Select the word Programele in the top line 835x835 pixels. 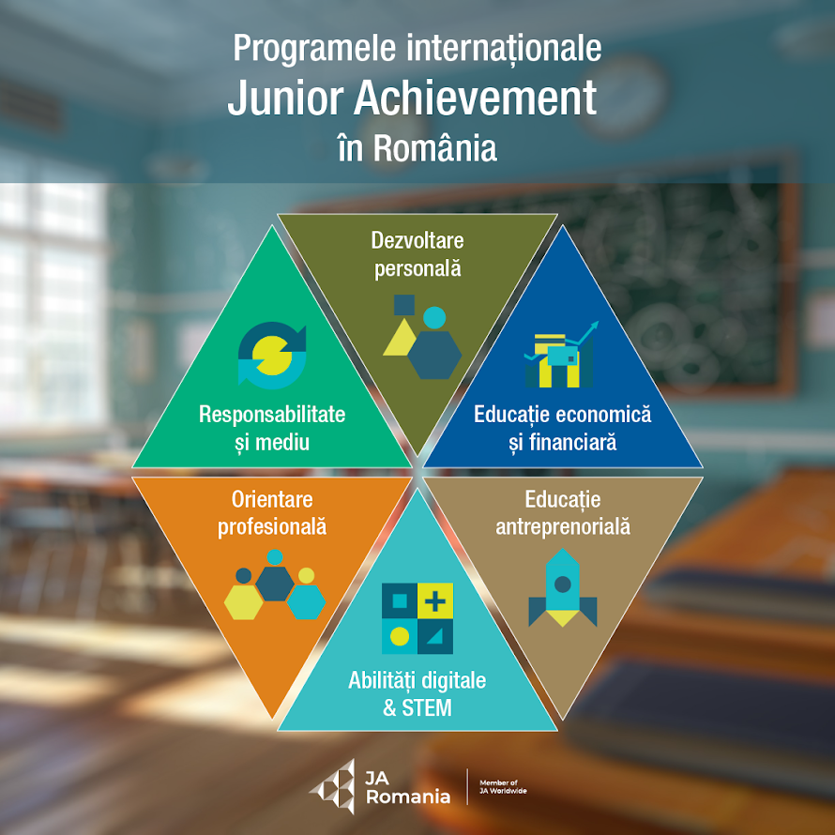point(314,49)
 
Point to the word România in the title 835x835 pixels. point(434,148)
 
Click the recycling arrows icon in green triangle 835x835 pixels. point(272,356)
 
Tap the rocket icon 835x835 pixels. point(562,588)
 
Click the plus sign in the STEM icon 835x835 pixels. point(435,601)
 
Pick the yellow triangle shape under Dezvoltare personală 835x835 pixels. point(401,337)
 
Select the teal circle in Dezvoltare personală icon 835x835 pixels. point(434,318)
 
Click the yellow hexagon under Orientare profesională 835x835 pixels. point(243,602)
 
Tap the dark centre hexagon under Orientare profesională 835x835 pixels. point(275,584)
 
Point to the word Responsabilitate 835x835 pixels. point(272,415)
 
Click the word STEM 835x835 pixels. point(427,707)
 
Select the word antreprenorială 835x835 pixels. point(563,526)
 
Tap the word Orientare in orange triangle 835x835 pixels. point(272,499)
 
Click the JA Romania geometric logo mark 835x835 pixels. point(334,786)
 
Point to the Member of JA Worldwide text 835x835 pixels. point(503,786)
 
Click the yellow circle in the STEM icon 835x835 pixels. point(400,636)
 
